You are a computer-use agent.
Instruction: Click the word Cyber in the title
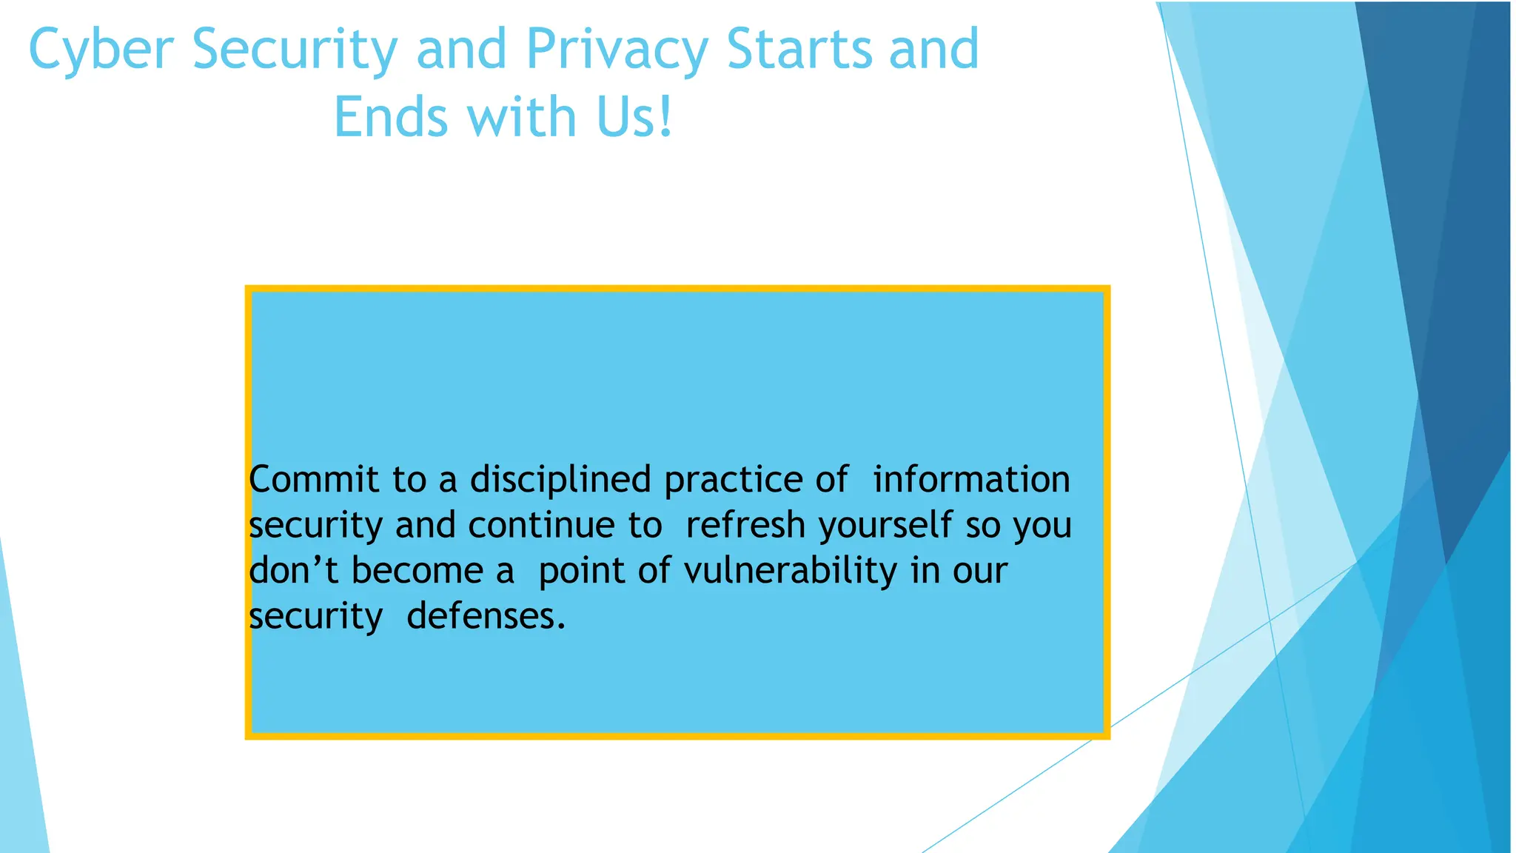[x=101, y=50]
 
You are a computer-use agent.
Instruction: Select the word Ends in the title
[x=390, y=117]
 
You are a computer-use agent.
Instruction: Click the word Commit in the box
[x=314, y=479]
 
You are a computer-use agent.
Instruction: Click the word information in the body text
[x=971, y=479]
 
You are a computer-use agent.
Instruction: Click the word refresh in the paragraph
[x=745, y=525]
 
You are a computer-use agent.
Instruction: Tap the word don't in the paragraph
[x=293, y=570]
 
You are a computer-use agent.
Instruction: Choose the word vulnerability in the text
[x=790, y=572]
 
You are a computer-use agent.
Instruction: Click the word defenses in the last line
[x=486, y=616]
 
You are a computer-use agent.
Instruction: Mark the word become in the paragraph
[x=417, y=570]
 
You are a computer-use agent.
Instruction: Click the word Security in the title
[x=295, y=50]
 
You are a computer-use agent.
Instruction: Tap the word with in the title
[x=522, y=117]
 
